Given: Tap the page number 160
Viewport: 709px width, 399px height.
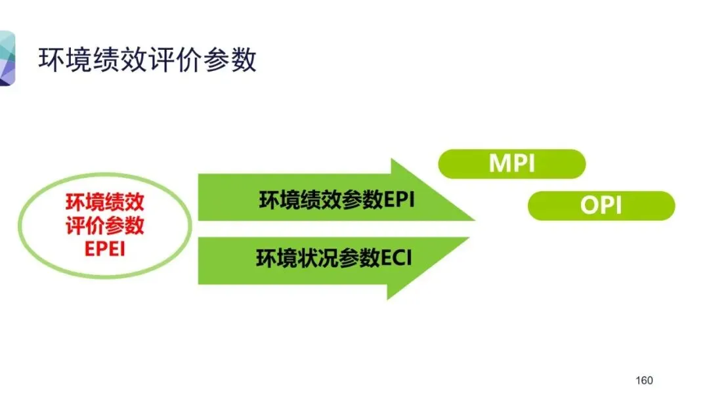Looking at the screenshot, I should tap(644, 381).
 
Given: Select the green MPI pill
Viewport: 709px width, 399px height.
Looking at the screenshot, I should tap(511, 163).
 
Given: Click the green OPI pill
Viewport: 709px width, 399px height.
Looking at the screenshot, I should tap(601, 205).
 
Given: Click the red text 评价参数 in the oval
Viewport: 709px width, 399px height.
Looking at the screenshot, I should tap(105, 226).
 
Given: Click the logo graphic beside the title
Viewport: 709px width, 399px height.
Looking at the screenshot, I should tap(7, 59).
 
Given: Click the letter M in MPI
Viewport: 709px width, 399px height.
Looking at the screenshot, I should tap(498, 163).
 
